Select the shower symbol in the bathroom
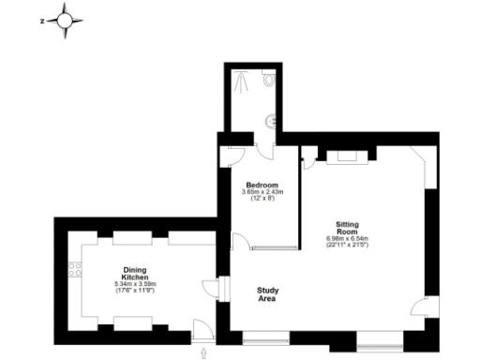point(243,81)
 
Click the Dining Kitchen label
point(133,274)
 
